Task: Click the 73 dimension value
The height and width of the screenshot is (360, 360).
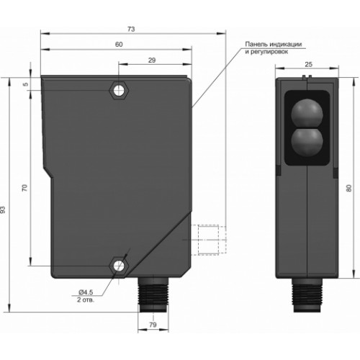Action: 131,30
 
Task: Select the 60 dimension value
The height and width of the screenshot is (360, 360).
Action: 119,45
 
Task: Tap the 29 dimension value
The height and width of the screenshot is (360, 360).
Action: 152,60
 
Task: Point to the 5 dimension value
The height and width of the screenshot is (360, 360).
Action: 26,84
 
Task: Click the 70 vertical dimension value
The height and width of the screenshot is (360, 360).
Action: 25,188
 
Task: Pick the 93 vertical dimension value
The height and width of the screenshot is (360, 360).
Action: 3,210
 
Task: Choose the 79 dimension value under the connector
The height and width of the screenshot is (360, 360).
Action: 153,325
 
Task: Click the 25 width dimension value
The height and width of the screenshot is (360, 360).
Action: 308,64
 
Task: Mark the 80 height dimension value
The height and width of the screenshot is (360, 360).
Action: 349,188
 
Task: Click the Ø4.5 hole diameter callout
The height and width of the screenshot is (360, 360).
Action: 86,292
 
